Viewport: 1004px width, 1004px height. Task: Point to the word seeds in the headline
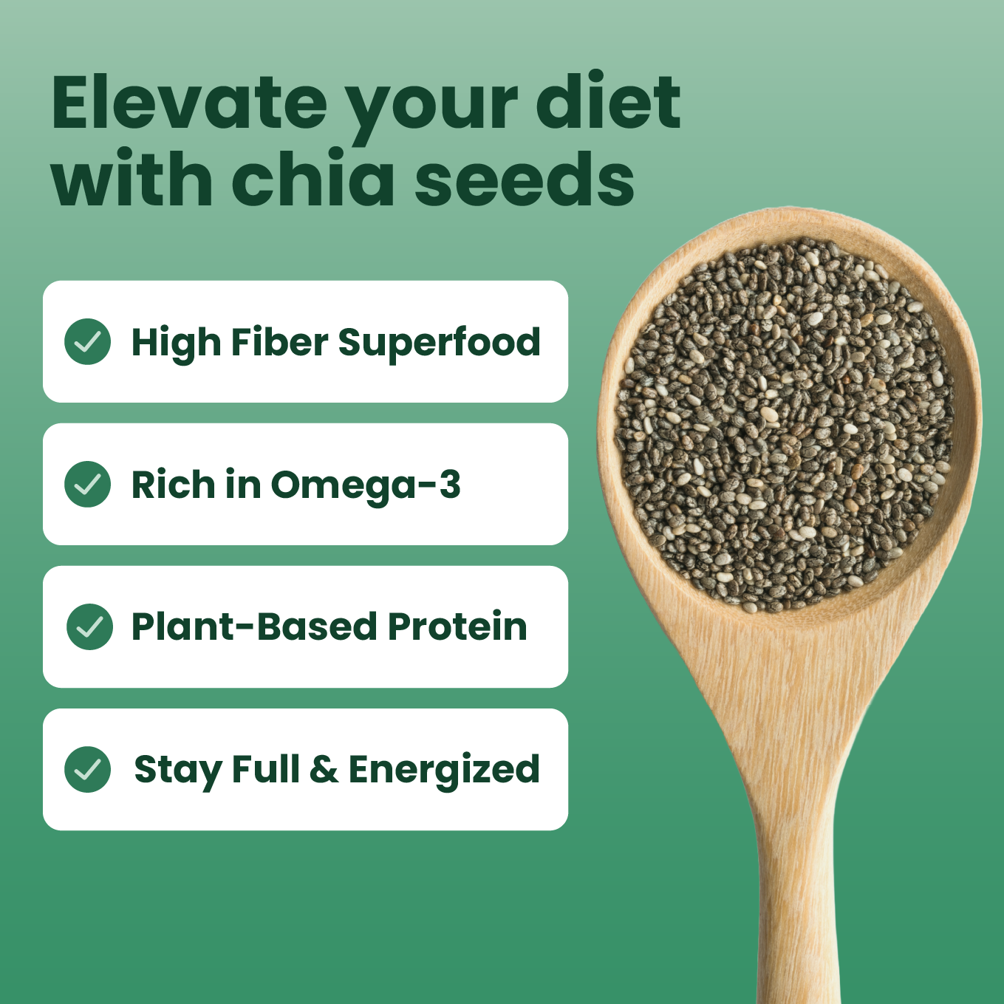coord(524,179)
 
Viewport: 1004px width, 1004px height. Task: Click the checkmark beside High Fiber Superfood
coord(88,341)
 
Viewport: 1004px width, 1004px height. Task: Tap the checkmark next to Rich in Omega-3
coord(88,484)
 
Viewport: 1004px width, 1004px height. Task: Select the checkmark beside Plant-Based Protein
coord(89,626)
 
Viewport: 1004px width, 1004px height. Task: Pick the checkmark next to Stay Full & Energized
coord(88,769)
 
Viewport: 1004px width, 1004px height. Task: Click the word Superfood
coord(439,342)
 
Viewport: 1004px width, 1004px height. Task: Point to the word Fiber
coord(279,342)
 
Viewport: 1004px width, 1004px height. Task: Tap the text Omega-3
coord(366,485)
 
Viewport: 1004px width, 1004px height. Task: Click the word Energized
coord(444,770)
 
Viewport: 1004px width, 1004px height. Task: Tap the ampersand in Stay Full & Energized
coord(324,769)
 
